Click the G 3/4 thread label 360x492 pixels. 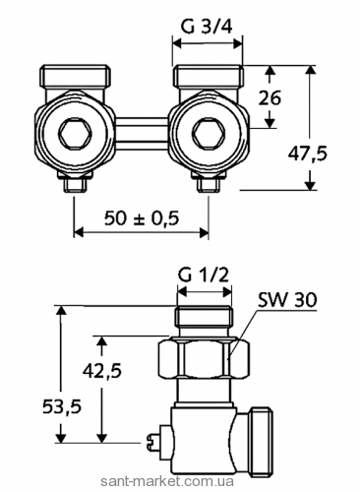pos(207,27)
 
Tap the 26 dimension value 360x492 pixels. pos(270,98)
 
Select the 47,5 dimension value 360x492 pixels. pos(308,154)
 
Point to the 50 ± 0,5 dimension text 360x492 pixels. pos(142,217)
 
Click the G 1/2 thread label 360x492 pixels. pos(204,275)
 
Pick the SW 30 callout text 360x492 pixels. pos(287,299)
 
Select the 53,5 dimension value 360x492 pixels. pos(62,407)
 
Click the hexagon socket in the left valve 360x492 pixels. pos(74,135)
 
